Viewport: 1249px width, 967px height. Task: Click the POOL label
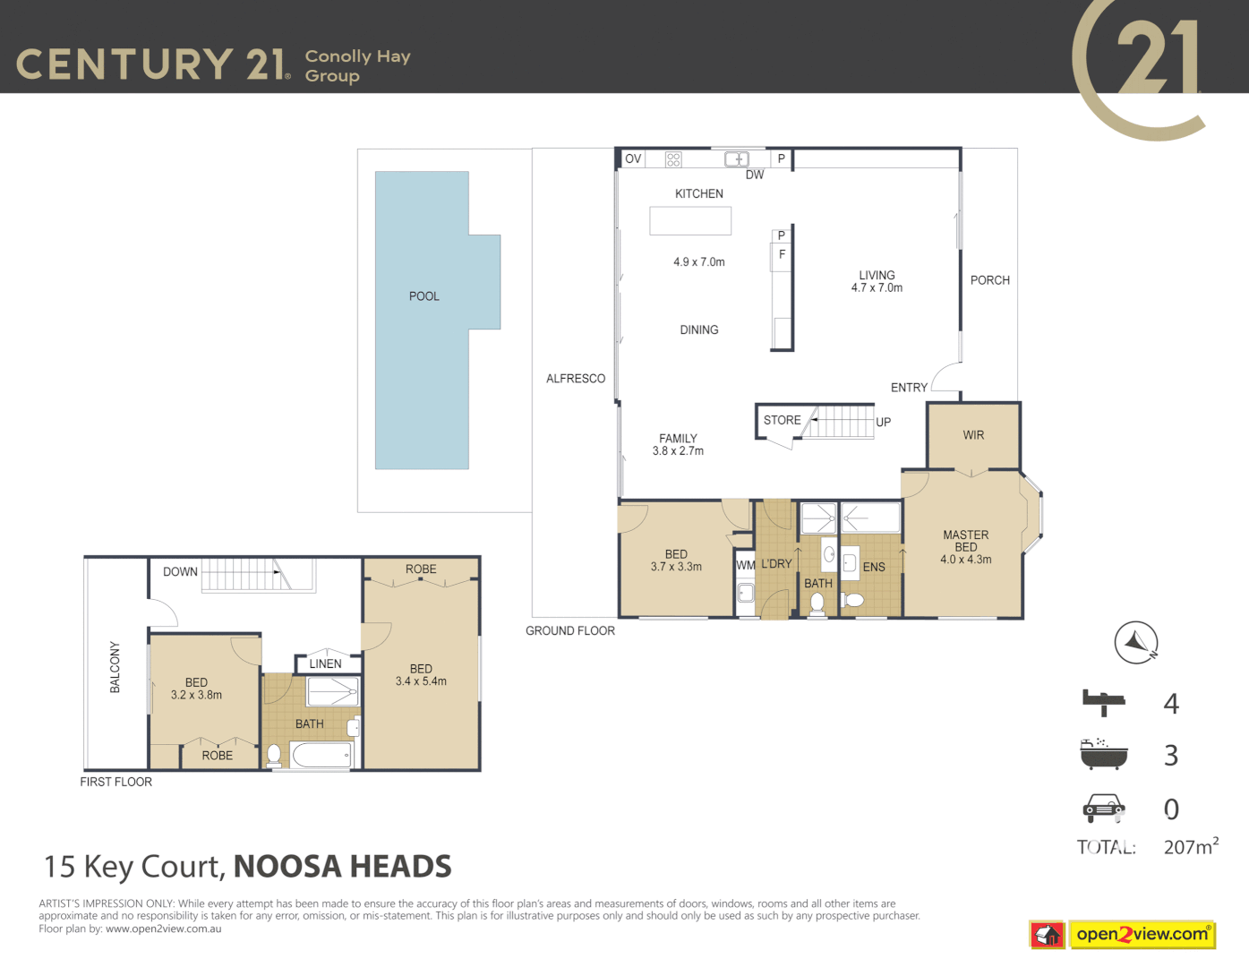click(x=423, y=296)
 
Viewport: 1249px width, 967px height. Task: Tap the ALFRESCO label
click(x=576, y=379)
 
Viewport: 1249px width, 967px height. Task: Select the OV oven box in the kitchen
click(x=633, y=159)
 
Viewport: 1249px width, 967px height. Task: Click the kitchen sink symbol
click(x=736, y=159)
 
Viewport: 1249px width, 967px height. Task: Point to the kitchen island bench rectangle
click(x=690, y=221)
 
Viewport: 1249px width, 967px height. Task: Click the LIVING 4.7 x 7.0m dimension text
click(x=877, y=288)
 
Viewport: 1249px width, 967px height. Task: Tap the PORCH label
click(x=989, y=280)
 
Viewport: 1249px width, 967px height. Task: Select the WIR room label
click(x=973, y=435)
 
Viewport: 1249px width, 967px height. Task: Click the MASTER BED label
click(x=965, y=541)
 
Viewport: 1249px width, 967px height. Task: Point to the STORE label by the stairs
click(x=782, y=420)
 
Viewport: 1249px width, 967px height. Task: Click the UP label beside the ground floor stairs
click(x=883, y=423)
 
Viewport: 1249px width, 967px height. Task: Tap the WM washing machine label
click(x=745, y=565)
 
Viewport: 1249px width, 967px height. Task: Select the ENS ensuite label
click(x=874, y=567)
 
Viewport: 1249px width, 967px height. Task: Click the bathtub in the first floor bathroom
click(x=321, y=756)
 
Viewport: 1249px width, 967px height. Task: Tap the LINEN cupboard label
click(x=325, y=663)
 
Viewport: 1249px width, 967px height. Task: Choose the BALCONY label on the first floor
click(x=115, y=667)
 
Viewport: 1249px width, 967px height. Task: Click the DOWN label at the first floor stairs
click(x=180, y=571)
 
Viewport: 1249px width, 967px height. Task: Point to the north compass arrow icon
click(x=1136, y=643)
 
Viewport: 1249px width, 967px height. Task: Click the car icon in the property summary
click(x=1103, y=808)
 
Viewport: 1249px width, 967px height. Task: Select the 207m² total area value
click(x=1190, y=846)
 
